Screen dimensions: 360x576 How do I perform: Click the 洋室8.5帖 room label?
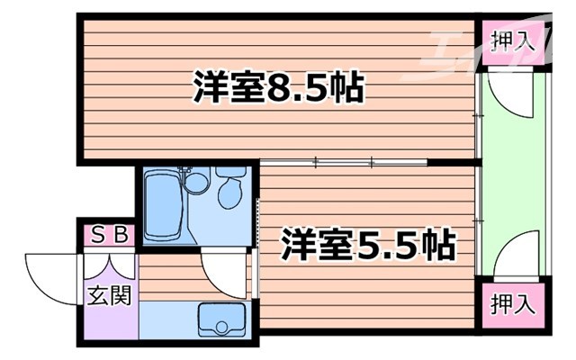[277, 88]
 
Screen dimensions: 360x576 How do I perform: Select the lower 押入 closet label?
[513, 304]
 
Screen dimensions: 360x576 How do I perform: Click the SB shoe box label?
[109, 237]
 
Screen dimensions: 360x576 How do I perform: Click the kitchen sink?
[219, 319]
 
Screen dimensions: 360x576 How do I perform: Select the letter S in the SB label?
[99, 237]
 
